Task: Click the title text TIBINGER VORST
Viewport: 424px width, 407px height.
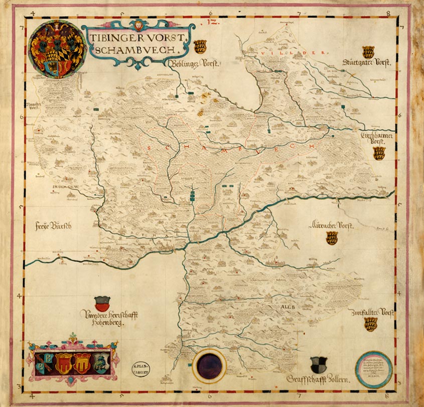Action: [135, 38]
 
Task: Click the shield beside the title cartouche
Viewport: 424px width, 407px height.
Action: [201, 47]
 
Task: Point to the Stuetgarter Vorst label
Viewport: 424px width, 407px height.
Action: [367, 63]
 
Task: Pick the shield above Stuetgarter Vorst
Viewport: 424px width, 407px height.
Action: [368, 51]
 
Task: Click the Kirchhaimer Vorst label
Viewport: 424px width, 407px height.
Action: [379, 138]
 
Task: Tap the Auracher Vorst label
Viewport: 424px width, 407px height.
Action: [332, 226]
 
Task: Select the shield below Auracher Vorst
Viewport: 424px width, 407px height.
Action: [332, 238]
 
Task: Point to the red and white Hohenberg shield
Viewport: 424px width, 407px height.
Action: [101, 303]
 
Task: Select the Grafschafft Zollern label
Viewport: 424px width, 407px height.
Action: [318, 378]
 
